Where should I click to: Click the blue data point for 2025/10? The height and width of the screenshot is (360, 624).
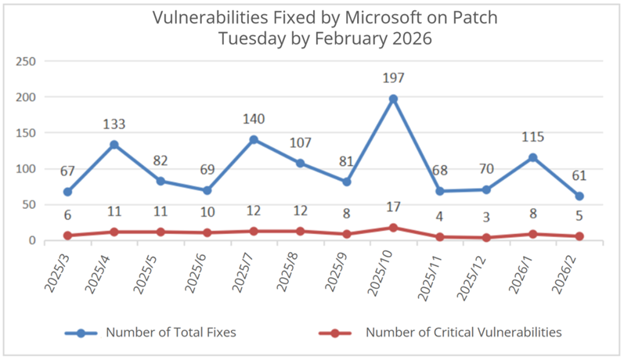pyautogui.click(x=393, y=99)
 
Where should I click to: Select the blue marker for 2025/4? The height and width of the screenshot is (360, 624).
pyautogui.click(x=114, y=145)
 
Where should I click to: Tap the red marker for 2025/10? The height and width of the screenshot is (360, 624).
pyautogui.click(x=393, y=228)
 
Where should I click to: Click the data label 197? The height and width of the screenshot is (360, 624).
pyautogui.click(x=393, y=78)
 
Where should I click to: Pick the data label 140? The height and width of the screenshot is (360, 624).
pyautogui.click(x=254, y=119)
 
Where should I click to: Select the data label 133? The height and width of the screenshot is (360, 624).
pyautogui.click(x=114, y=124)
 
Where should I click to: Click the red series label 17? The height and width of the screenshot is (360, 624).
pyautogui.click(x=393, y=207)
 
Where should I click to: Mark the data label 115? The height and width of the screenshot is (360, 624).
pyautogui.click(x=532, y=137)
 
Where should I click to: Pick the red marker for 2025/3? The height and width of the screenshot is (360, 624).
pyautogui.click(x=68, y=236)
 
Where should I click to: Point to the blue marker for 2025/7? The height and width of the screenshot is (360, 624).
pyautogui.click(x=254, y=140)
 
